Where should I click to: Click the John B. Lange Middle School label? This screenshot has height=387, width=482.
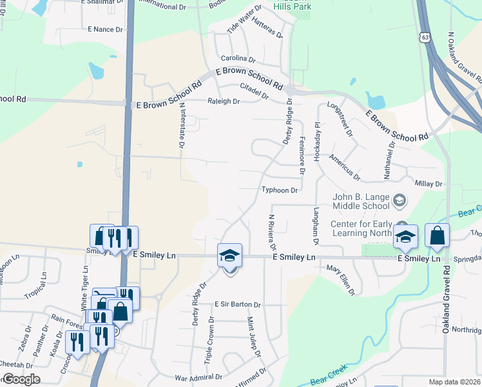[361, 201]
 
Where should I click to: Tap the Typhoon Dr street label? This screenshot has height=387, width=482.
[280, 190]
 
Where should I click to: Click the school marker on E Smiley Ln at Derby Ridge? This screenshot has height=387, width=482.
[230, 256]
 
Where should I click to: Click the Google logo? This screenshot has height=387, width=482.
[21, 379]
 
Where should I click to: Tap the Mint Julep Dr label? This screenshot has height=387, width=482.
[253, 337]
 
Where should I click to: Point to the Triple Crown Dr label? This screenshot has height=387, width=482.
[209, 339]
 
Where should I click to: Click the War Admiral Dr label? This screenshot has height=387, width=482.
[198, 376]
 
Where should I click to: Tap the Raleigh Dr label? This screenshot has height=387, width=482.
[223, 101]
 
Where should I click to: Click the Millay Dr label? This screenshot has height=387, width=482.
[429, 184]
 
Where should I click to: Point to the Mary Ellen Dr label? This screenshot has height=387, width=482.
[341, 279]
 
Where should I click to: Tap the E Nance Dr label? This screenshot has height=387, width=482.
[104, 30]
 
